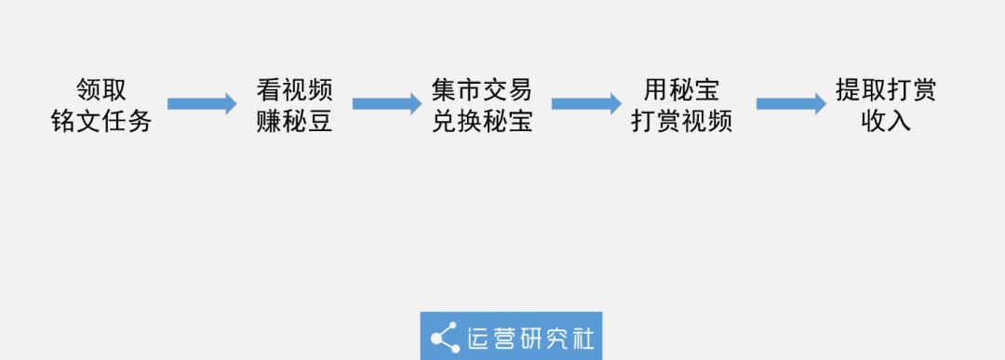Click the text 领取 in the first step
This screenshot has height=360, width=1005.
pos(101,89)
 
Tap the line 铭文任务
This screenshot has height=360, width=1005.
pos(101,121)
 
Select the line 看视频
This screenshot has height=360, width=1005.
pos(294,89)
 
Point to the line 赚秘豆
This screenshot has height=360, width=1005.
pos(294,121)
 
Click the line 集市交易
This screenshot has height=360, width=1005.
pos(482,89)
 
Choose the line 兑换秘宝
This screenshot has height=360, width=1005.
pos(482,121)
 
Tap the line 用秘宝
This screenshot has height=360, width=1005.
pos(681,89)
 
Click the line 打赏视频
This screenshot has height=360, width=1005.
pos(681,121)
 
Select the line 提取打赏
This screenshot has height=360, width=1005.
pos(886,89)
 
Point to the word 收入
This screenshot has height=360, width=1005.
pos(886,121)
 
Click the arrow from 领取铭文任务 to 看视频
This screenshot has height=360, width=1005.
pos(202,104)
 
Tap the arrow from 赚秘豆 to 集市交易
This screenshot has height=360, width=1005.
pos(387,104)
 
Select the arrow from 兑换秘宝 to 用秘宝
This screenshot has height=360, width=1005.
pos(586,104)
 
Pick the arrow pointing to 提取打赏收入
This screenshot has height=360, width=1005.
pos(792,104)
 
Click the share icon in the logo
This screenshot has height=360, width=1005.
pos(445,338)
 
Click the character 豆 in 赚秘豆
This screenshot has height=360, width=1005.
pos(320,121)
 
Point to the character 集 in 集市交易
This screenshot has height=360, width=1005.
pos(444,89)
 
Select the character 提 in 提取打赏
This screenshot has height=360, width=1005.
pos(848,89)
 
